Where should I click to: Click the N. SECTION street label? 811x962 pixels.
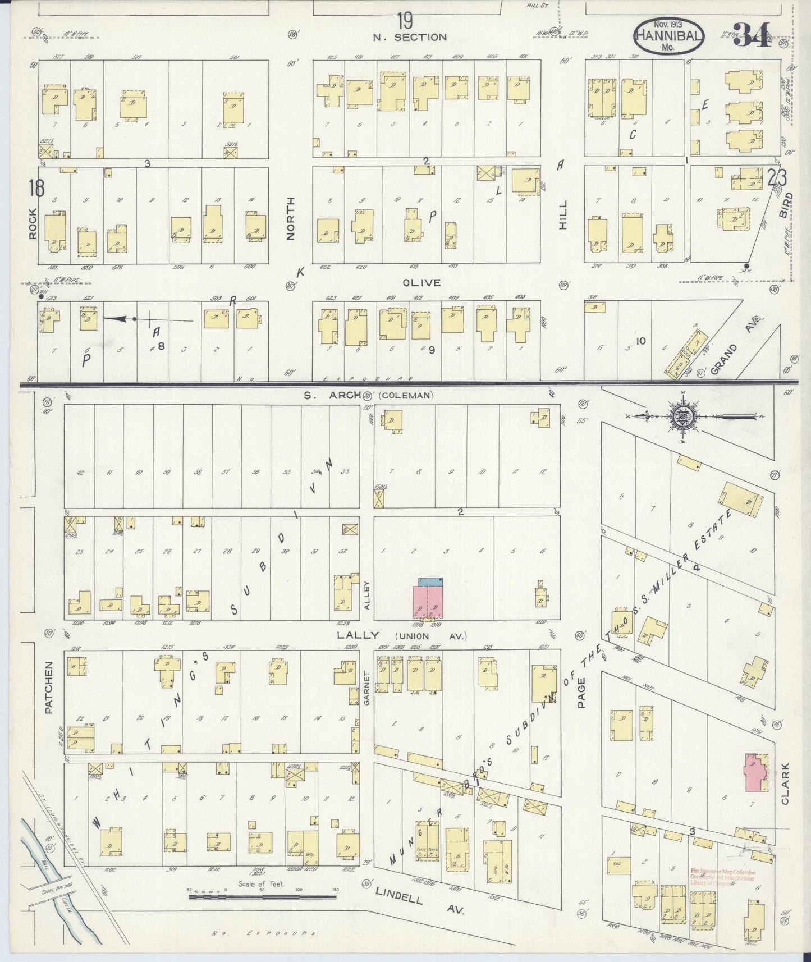[410, 38]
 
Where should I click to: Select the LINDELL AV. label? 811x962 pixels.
[420, 902]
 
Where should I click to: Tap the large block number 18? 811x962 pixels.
[36, 188]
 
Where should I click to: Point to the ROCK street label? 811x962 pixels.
[33, 223]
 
